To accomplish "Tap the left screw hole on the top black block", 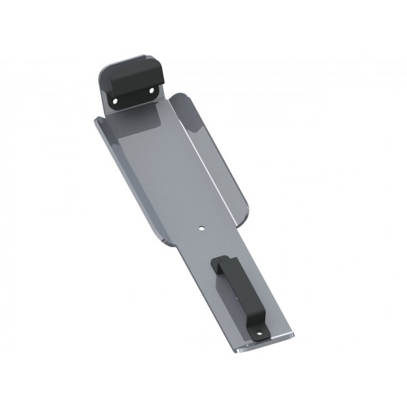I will pyautogui.click(x=115, y=100).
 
